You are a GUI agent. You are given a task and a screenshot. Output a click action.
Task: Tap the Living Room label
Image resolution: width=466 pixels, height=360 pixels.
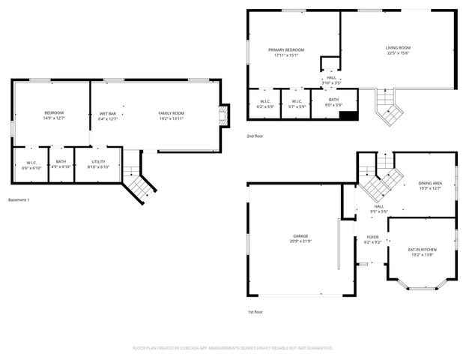tap(399, 48)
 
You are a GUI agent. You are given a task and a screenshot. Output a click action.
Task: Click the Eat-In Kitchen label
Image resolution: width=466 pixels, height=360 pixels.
tap(422, 249)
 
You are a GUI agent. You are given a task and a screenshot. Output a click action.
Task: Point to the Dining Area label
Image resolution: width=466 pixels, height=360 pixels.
tap(430, 183)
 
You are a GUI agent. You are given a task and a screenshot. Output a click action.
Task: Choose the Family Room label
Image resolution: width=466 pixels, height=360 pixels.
tap(171, 113)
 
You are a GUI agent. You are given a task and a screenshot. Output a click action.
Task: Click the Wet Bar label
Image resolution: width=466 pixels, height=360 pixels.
tap(108, 113)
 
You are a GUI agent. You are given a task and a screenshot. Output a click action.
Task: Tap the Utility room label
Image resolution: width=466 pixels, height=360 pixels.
tap(98, 161)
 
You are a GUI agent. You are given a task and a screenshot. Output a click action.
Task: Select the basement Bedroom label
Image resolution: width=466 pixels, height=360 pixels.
tap(53, 113)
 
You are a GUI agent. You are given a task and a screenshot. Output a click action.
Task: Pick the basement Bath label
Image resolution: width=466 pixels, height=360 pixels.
tap(61, 161)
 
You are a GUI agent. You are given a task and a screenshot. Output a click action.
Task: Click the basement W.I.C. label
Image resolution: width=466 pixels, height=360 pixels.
tap(31, 161)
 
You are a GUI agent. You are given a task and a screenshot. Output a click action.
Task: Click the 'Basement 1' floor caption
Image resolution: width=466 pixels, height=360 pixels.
tap(18, 200)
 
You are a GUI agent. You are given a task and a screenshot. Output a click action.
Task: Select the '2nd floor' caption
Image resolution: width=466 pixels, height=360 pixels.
tap(255, 136)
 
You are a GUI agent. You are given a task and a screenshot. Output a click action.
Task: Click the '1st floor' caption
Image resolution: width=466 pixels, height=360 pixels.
tap(255, 312)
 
